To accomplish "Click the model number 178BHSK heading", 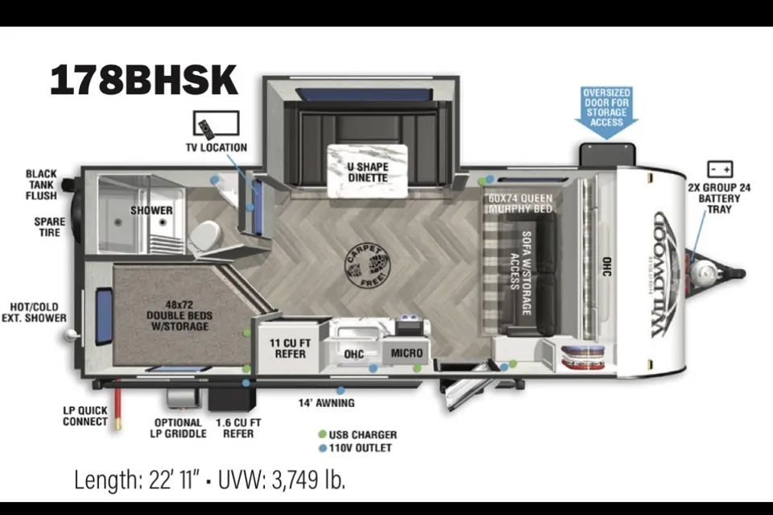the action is click(x=144, y=80).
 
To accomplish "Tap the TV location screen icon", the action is click(x=217, y=123).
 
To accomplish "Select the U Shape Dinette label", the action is click(x=368, y=172).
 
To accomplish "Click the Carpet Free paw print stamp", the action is click(x=367, y=265).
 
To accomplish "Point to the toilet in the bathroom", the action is click(x=204, y=236).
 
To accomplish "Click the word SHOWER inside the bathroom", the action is click(x=151, y=210).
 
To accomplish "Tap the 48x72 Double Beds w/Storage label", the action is click(x=180, y=315).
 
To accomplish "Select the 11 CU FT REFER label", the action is click(x=291, y=348).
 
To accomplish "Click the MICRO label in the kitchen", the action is click(x=407, y=353).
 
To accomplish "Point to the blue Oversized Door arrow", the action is click(x=606, y=112).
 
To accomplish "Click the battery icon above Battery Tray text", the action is click(x=720, y=169).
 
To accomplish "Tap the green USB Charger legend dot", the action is click(x=322, y=434).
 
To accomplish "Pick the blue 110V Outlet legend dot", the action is click(x=323, y=448).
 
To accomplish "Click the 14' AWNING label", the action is click(x=326, y=403).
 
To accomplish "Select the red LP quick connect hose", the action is click(x=118, y=404).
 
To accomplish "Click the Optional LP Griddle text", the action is click(x=178, y=428).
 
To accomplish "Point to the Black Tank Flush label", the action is click(x=41, y=185).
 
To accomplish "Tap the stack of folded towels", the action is click(x=583, y=357).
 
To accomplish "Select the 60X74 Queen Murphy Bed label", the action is click(x=521, y=203).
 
